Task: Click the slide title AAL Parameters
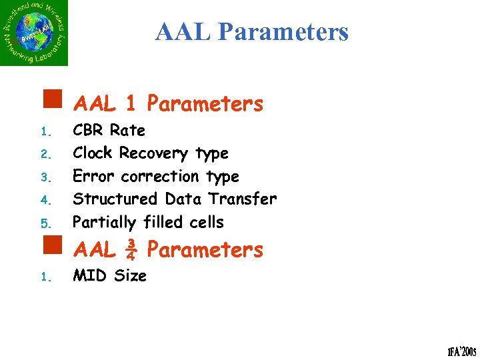[251, 31]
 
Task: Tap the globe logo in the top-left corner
[34, 33]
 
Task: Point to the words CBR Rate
[109, 130]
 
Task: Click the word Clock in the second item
[92, 153]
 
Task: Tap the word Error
[93, 177]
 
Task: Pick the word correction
[160, 177]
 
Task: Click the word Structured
[115, 199]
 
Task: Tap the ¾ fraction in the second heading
[131, 251]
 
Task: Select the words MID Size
[109, 276]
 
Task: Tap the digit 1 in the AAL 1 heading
[131, 104]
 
